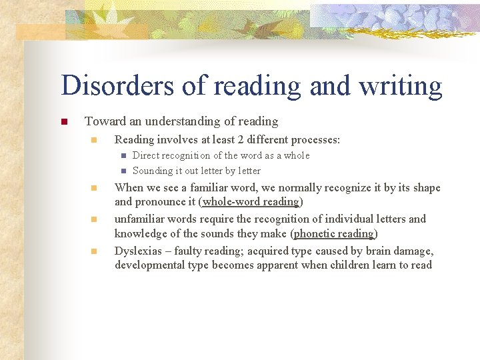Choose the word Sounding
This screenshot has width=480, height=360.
[153, 171]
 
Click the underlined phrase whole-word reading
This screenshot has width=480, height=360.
[251, 202]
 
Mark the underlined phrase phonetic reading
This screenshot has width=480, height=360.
[335, 233]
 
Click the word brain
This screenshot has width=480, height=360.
[375, 251]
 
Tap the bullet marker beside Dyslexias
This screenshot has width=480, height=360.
[94, 251]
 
